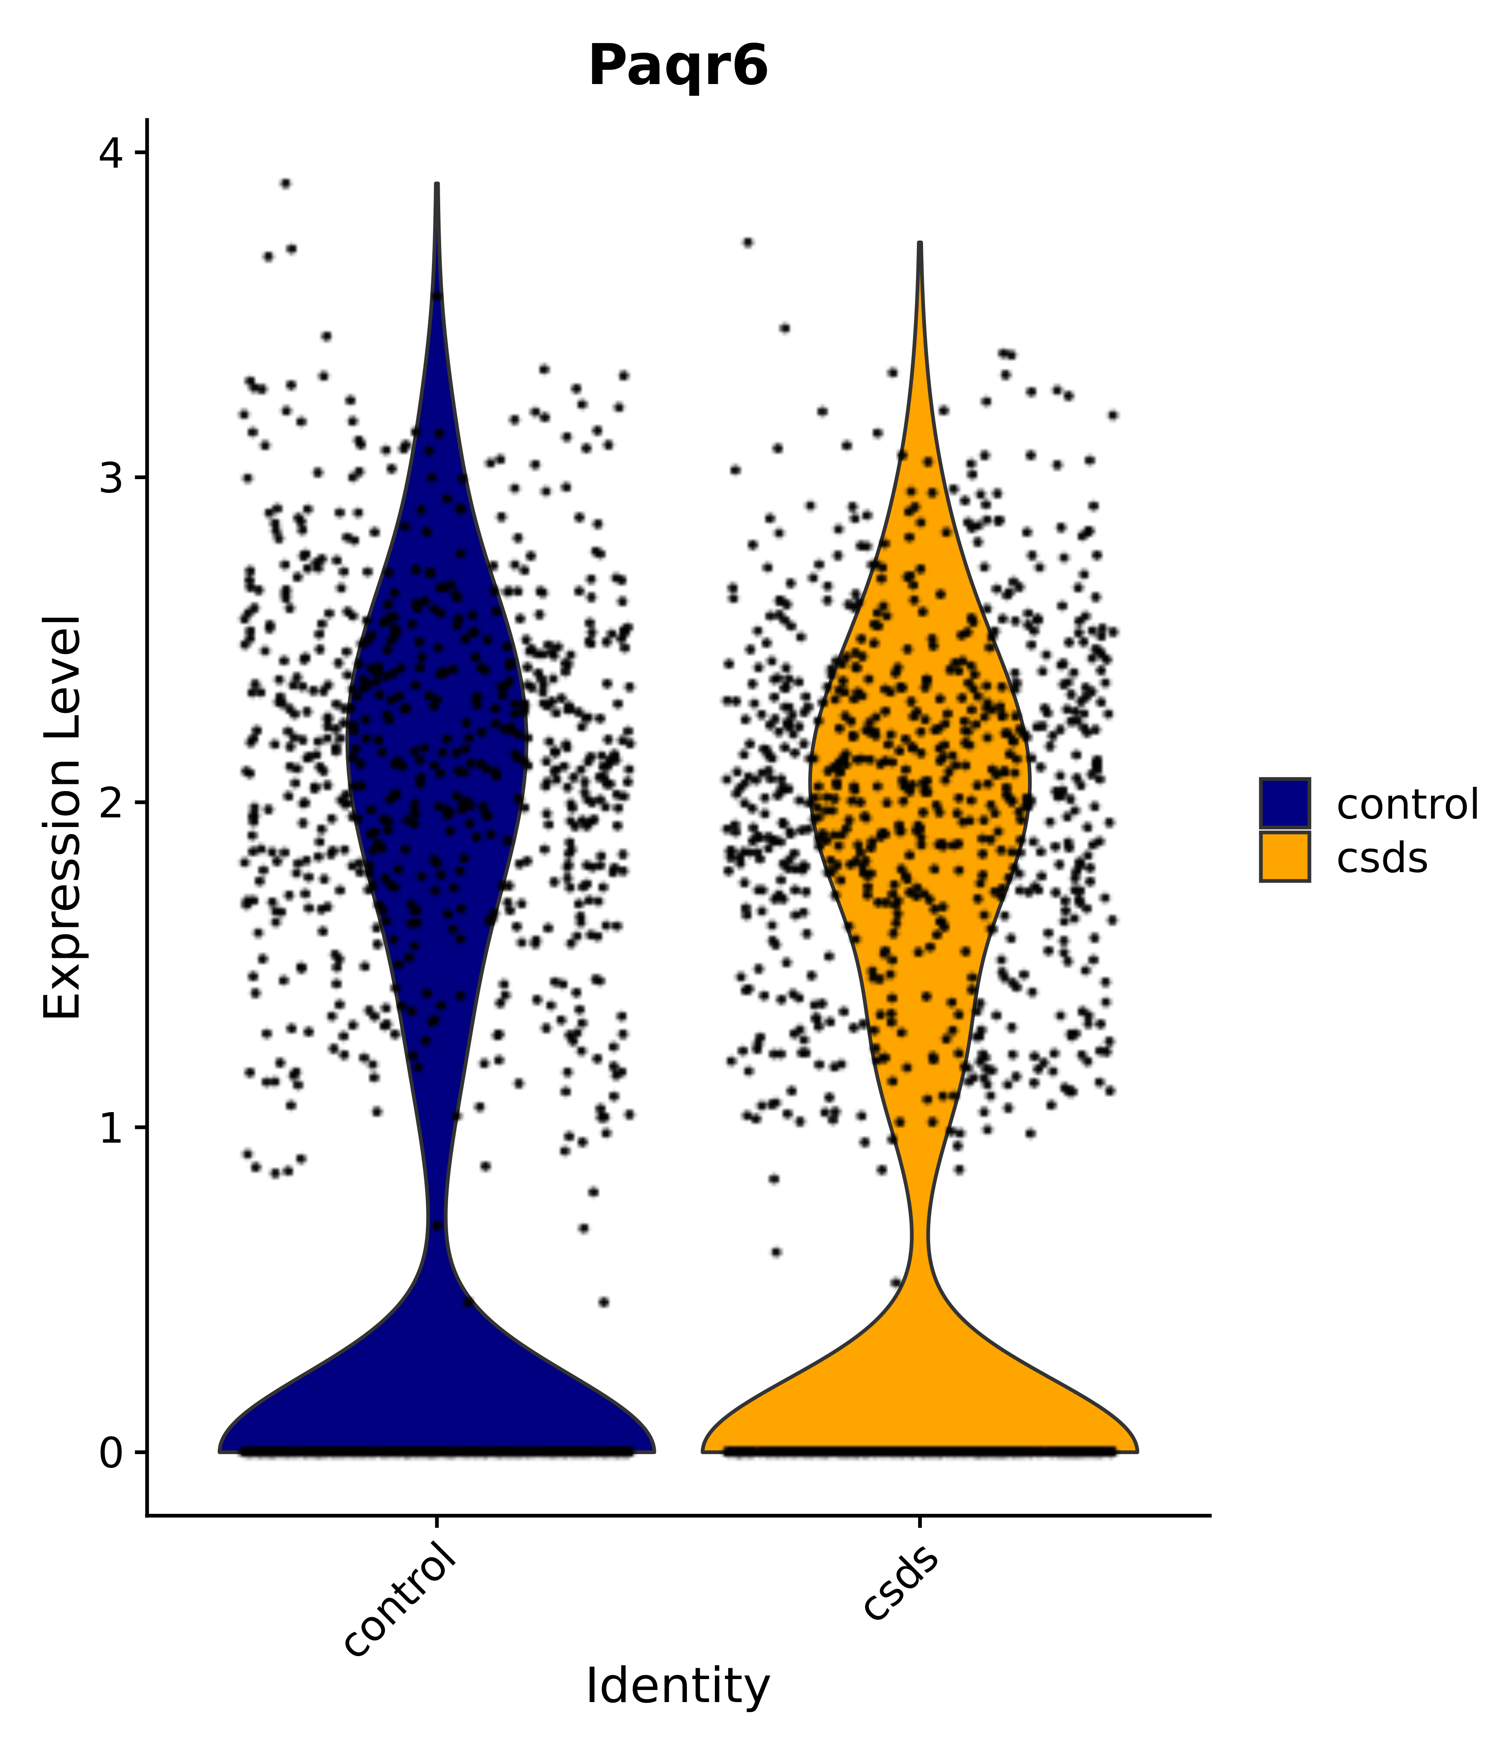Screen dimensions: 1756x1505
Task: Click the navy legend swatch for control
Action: [1284, 803]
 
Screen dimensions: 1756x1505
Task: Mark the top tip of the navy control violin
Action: [436, 184]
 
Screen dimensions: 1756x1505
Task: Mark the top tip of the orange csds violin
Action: [919, 243]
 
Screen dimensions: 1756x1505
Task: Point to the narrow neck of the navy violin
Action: [436, 1229]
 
